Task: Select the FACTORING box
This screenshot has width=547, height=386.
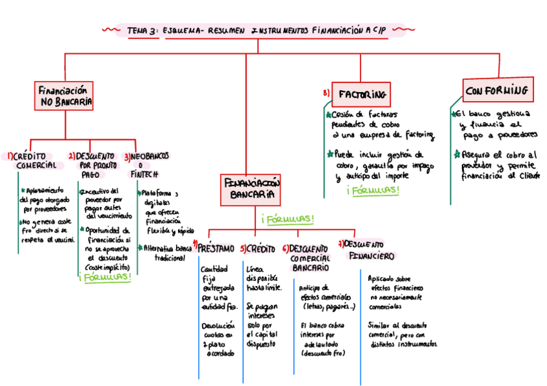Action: (x=362, y=94)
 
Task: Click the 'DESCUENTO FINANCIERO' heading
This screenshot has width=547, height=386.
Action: (x=367, y=250)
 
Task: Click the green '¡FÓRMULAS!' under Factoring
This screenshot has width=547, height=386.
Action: (x=373, y=191)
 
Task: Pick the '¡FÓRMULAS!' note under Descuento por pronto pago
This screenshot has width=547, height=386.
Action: (x=105, y=278)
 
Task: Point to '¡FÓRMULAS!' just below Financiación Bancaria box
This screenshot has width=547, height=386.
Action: (x=288, y=220)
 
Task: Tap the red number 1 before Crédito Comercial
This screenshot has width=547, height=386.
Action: (x=10, y=157)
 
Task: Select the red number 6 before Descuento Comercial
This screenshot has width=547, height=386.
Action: (x=285, y=249)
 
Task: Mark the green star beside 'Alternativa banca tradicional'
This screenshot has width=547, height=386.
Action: (x=140, y=247)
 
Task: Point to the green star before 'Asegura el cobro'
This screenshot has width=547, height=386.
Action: (x=455, y=155)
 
